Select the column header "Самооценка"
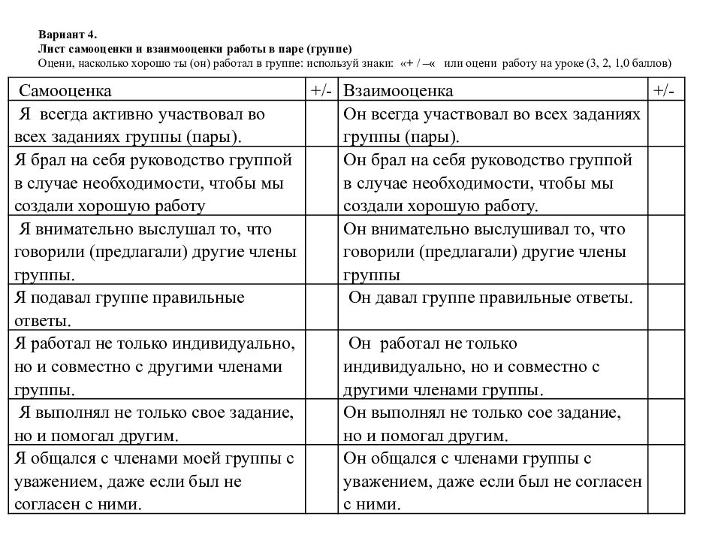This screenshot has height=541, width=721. [65, 91]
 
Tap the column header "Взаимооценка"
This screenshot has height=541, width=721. [398, 91]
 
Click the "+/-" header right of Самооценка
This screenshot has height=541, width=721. [321, 91]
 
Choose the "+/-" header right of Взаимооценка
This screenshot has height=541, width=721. [664, 91]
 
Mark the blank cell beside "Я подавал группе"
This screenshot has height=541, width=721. [321, 308]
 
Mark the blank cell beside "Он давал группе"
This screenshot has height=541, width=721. [665, 308]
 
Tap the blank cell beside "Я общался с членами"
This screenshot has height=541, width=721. [321, 480]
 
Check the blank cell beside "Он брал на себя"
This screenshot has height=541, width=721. [665, 182]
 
